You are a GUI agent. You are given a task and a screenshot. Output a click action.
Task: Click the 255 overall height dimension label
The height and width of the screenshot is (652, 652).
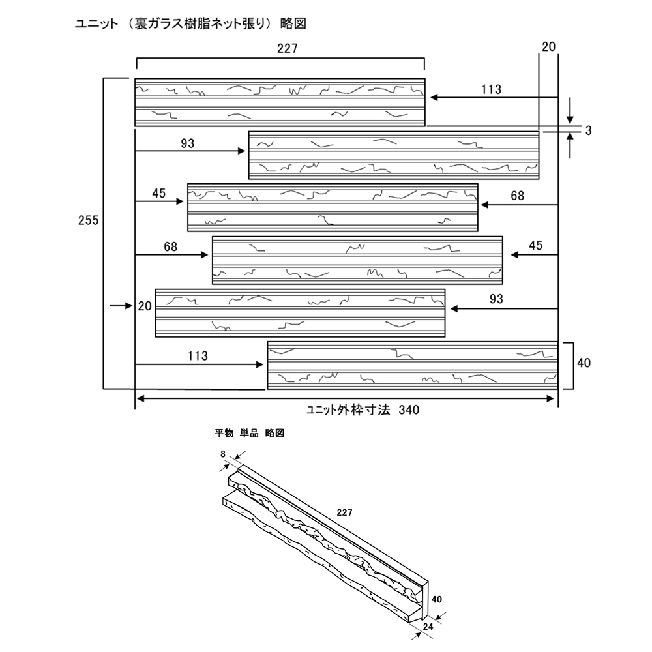(x=87, y=220)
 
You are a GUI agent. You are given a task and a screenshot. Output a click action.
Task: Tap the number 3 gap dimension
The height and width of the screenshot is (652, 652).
(x=588, y=130)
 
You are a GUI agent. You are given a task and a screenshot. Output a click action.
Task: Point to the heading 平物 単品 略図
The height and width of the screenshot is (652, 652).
(x=250, y=433)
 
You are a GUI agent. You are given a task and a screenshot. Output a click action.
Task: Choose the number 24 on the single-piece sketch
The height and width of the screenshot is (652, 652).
(x=428, y=627)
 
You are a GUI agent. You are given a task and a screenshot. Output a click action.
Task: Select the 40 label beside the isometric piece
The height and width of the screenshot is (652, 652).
(x=437, y=599)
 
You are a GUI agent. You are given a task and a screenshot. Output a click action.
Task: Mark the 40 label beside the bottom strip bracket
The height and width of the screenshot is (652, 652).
(x=584, y=363)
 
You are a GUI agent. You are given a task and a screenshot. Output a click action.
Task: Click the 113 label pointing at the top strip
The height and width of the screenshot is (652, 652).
(x=492, y=89)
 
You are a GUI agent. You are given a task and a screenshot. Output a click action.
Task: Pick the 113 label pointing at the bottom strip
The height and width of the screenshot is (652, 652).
(x=197, y=356)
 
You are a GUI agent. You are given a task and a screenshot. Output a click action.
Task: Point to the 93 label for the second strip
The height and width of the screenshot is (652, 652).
(x=188, y=142)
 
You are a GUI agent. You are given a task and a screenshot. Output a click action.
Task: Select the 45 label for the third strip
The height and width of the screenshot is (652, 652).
(x=159, y=193)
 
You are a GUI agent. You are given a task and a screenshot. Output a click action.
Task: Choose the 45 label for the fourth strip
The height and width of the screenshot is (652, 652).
(x=535, y=245)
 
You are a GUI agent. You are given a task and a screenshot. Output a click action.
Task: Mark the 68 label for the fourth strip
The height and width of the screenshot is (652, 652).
(x=171, y=246)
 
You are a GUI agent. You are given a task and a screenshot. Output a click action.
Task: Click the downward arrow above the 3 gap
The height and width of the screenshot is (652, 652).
(x=570, y=111)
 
